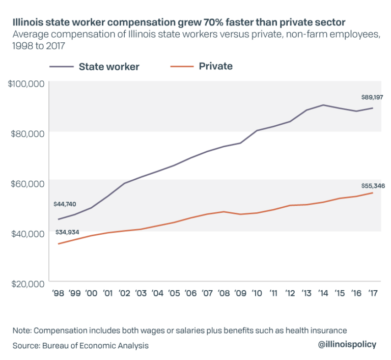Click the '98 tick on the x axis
59,293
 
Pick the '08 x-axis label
224,293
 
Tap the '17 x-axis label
373,293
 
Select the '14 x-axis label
323,293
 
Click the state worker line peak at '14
323,105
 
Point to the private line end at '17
373,192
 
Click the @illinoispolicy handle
347,344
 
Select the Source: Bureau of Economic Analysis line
80,346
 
